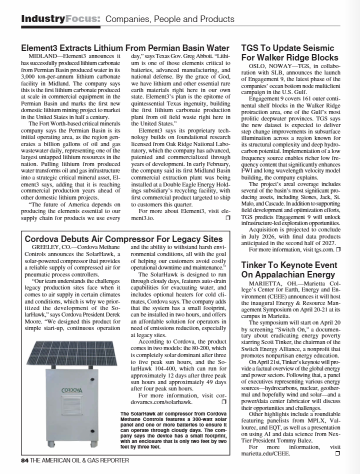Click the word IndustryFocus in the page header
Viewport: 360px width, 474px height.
[x=60, y=19]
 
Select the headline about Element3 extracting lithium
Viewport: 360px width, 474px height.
[x=128, y=48]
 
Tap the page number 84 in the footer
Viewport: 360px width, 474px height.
[x=25, y=460]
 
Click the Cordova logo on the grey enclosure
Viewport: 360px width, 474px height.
[x=72, y=390]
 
